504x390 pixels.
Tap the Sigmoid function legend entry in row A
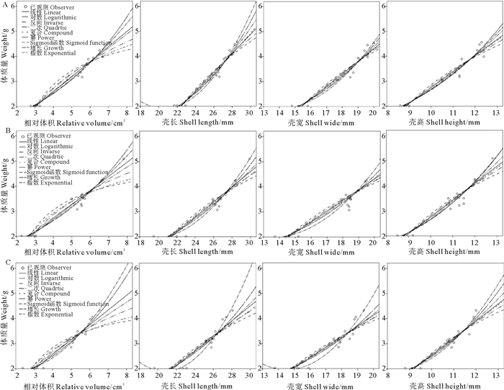(x=72, y=43)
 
